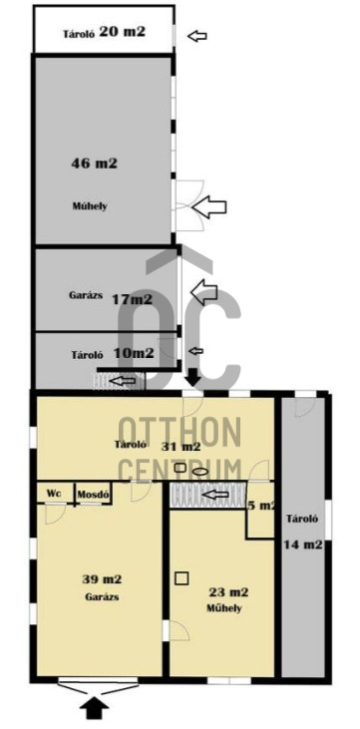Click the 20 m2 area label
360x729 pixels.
[x=122, y=32]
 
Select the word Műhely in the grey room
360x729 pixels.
[x=90, y=206]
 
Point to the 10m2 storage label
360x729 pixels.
[x=134, y=353]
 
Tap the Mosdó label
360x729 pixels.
[x=94, y=494]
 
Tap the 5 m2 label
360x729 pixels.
[x=263, y=506]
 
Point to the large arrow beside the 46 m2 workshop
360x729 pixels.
[x=209, y=207]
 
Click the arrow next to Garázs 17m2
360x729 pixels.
[x=203, y=292]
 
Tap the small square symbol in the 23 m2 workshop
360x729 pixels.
[x=180, y=576]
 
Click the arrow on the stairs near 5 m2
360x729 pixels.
[x=216, y=493]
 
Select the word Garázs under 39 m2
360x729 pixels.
[x=103, y=596]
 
